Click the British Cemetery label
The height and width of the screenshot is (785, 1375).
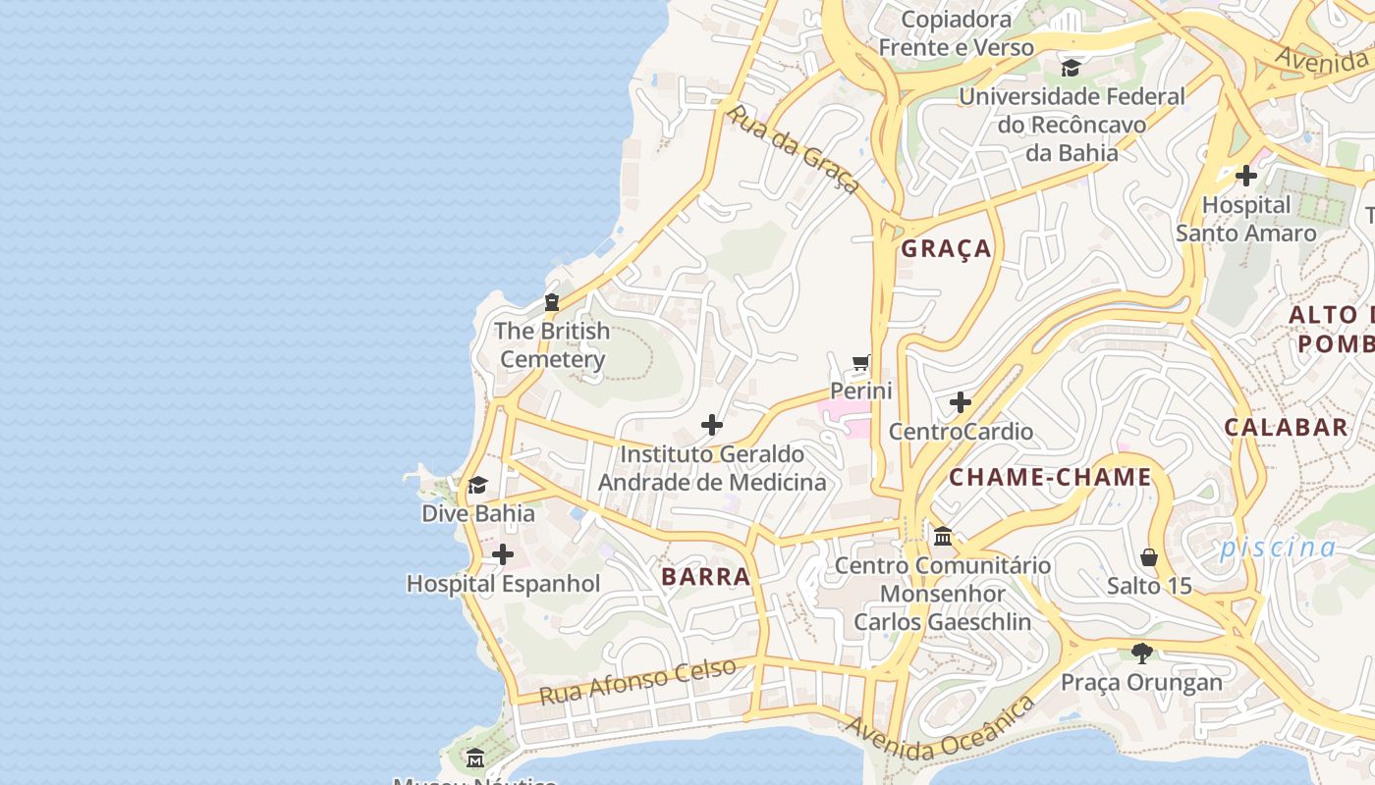pos(551,345)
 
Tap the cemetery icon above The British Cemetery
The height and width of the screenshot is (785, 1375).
pos(552,302)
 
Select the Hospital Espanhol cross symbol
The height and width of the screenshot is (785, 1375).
pos(503,555)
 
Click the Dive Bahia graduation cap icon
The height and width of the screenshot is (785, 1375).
pos(478,485)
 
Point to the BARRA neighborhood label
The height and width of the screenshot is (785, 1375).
pos(706,577)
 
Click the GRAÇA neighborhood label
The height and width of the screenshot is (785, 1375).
pos(946,249)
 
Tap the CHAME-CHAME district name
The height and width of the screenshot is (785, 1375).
pos(1049,478)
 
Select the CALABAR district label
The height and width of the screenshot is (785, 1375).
pos(1286,427)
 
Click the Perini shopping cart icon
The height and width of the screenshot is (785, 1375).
pos(861,363)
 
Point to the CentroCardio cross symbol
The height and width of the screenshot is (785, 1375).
pos(961,402)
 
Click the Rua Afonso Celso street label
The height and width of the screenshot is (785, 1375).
pos(638,681)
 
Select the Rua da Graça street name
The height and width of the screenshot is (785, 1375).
pos(793,149)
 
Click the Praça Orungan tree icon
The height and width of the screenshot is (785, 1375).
pos(1141,653)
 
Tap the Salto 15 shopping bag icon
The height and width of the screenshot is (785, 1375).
pos(1149,557)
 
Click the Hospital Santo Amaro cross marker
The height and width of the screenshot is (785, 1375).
pos(1246,177)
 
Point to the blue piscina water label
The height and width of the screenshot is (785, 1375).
pos(1278,549)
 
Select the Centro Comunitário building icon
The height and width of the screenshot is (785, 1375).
pos(943,537)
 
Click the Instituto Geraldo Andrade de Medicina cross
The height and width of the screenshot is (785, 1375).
pos(712,425)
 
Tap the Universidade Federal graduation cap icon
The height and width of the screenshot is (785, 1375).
pos(1071,68)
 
